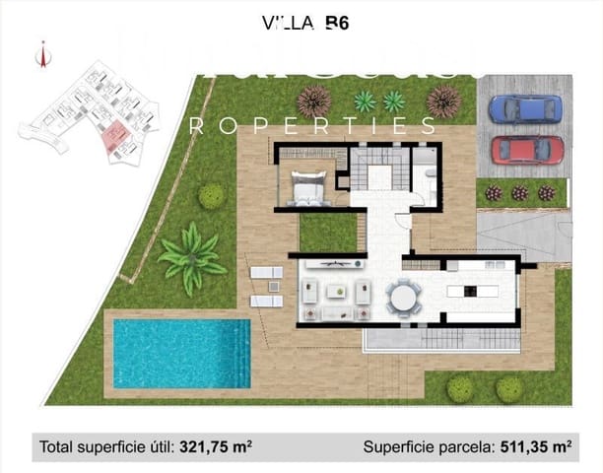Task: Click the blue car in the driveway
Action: click(526, 107)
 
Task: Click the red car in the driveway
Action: click(527, 150)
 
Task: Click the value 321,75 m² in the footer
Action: click(216, 446)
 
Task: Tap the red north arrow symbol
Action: click(42, 55)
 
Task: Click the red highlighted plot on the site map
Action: click(115, 138)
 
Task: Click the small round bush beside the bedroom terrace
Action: click(212, 195)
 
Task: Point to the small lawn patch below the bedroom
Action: click(327, 231)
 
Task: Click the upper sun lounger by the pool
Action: click(266, 273)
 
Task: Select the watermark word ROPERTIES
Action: click(311, 125)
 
